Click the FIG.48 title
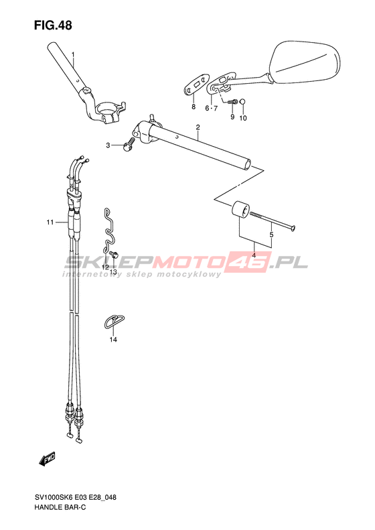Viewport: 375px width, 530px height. pyautogui.click(x=53, y=25)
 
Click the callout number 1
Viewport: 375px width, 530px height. pyautogui.click(x=73, y=54)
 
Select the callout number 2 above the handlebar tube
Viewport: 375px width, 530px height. pyautogui.click(x=198, y=127)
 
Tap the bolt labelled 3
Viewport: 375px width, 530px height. pyautogui.click(x=129, y=144)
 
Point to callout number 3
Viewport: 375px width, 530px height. pyautogui.click(x=108, y=145)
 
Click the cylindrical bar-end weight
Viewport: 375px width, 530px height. pyautogui.click(x=240, y=210)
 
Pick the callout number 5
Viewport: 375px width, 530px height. pyautogui.click(x=271, y=235)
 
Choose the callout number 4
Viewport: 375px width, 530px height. pyautogui.click(x=254, y=255)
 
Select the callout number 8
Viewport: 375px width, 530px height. pyautogui.click(x=194, y=107)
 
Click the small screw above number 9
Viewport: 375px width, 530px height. pyautogui.click(x=232, y=101)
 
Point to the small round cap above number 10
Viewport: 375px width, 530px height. pyautogui.click(x=242, y=102)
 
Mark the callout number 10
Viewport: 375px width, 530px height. pyautogui.click(x=243, y=118)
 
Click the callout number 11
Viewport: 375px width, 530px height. pyautogui.click(x=50, y=222)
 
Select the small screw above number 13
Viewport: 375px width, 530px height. pyautogui.click(x=114, y=255)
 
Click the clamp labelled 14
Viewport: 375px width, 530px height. pyautogui.click(x=114, y=321)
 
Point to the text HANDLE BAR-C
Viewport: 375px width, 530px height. pyautogui.click(x=60, y=507)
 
